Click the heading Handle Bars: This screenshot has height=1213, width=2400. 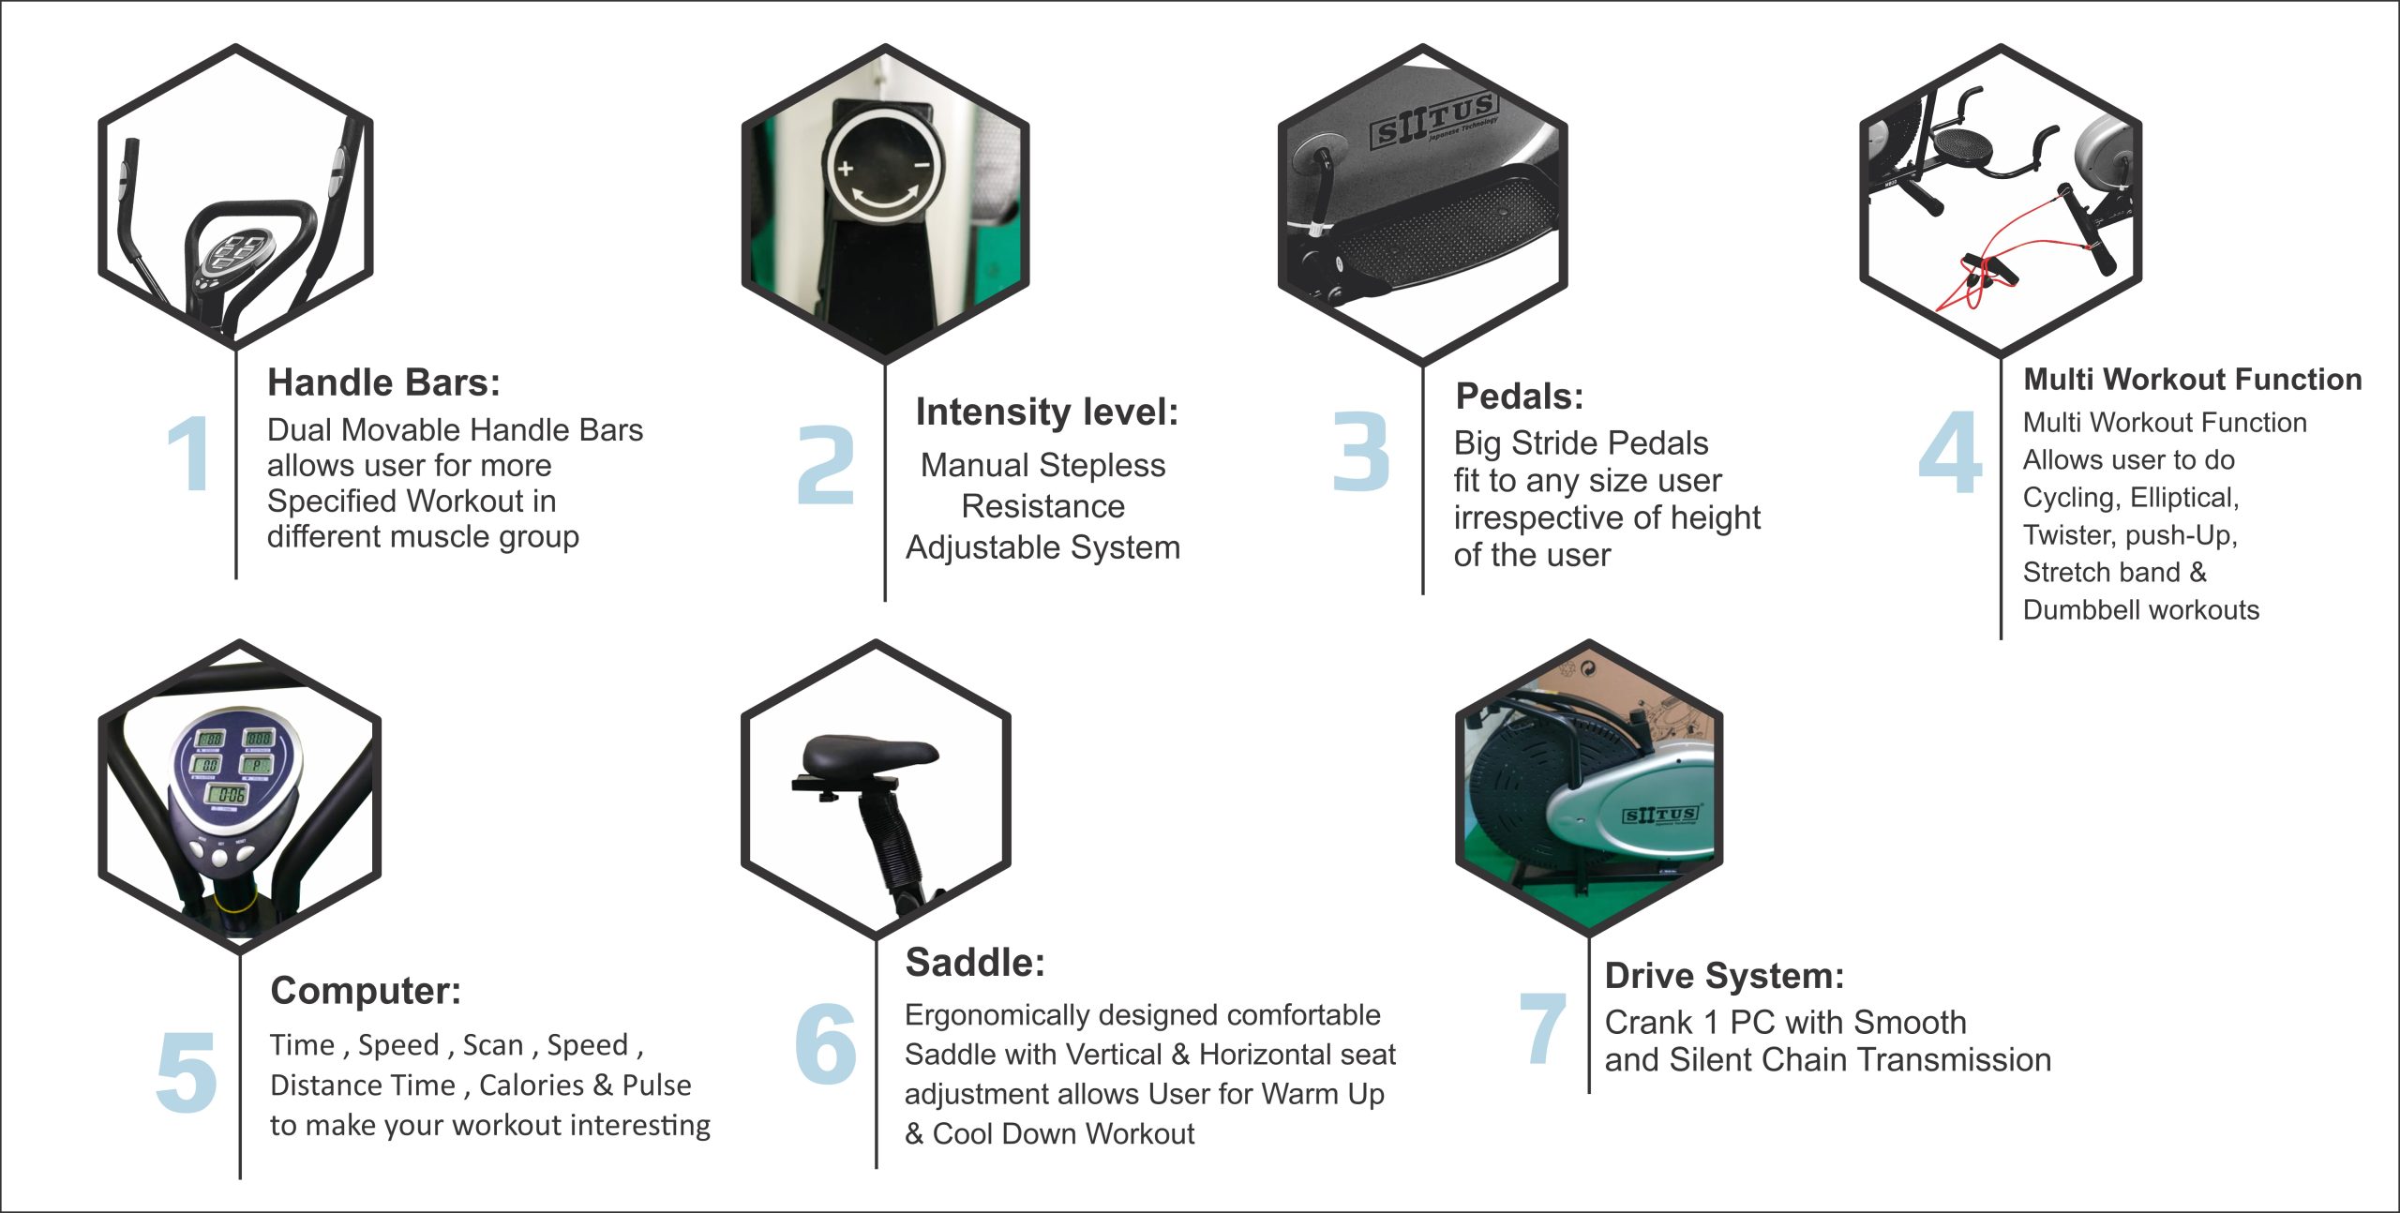pos(383,382)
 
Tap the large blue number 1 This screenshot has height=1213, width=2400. pos(190,454)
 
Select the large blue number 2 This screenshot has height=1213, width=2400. pos(826,464)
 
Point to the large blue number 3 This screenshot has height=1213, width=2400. pos(1361,451)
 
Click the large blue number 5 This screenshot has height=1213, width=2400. pos(187,1071)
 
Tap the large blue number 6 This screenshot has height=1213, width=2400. pos(825,1043)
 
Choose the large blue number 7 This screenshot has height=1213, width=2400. pos(1542,1028)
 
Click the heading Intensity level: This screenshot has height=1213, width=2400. pos(1047,412)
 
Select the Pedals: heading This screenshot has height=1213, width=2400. pos(1520,397)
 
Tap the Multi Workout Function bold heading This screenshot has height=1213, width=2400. pos(2193,379)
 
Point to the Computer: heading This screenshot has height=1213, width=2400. pos(366,992)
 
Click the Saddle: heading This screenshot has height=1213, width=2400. pos(975,963)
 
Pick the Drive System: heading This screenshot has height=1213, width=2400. pos(1724,977)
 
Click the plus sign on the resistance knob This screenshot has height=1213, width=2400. pos(846,169)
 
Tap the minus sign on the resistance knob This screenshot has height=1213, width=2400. pos(922,166)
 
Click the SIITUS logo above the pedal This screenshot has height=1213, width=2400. pos(1433,121)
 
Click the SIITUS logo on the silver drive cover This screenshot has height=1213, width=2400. pos(1660,815)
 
